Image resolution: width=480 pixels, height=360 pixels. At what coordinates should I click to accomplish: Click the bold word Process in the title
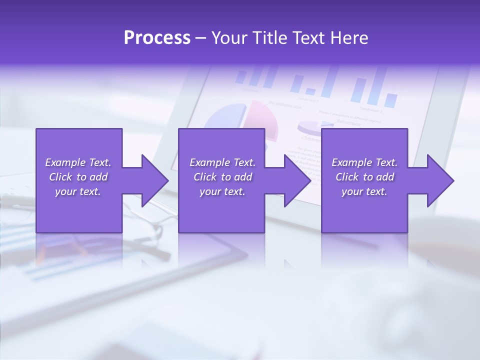[x=157, y=38]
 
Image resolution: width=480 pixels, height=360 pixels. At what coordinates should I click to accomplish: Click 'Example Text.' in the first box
[x=78, y=162]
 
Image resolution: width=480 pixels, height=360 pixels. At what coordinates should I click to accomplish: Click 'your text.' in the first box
[x=78, y=191]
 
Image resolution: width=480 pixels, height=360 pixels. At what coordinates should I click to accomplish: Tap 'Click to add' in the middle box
[x=222, y=177]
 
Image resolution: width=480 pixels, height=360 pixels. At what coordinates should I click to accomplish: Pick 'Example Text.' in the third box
[x=364, y=162]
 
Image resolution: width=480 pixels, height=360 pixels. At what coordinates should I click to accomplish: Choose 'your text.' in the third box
[x=364, y=191]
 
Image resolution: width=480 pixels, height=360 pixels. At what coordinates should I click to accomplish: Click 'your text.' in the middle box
[x=222, y=191]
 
